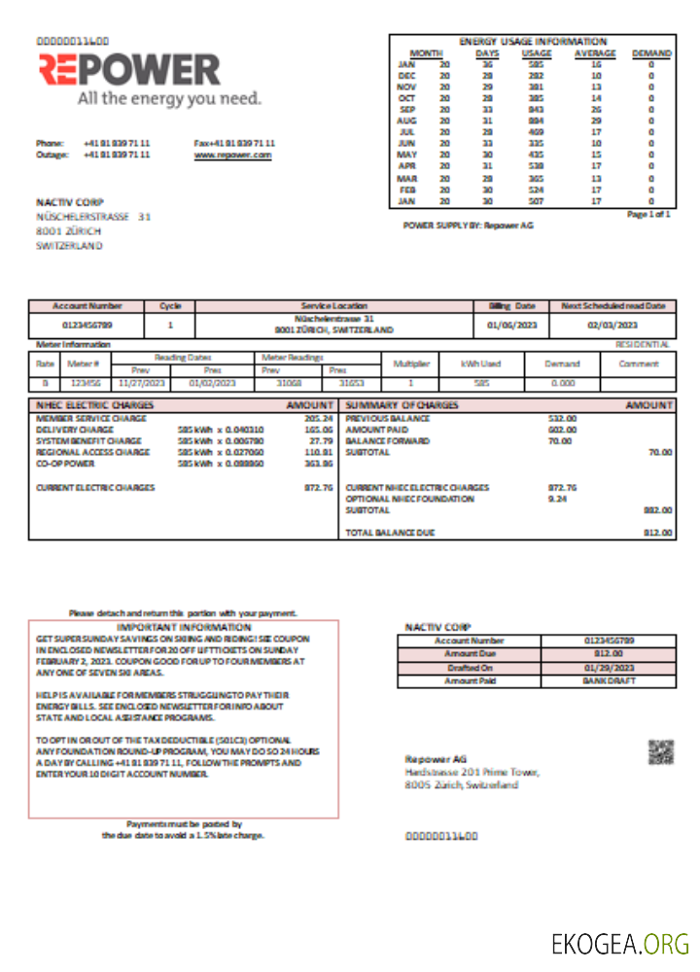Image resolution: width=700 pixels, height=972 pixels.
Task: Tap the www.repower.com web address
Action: click(232, 155)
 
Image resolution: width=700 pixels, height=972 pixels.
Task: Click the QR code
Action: click(661, 752)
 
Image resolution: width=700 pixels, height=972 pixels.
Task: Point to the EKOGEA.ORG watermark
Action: click(619, 944)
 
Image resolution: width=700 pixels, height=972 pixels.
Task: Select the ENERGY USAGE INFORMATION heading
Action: click(532, 42)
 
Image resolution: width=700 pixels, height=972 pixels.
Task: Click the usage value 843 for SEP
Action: click(536, 110)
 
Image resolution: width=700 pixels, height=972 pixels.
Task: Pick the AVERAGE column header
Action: click(594, 53)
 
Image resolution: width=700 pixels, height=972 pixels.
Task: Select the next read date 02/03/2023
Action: click(612, 325)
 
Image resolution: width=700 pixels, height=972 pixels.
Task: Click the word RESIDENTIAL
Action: click(642, 344)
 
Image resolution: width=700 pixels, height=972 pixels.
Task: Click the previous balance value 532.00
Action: click(562, 418)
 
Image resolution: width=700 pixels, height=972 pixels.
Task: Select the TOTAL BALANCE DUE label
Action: click(390, 533)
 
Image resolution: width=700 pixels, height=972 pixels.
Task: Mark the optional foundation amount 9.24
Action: click(556, 499)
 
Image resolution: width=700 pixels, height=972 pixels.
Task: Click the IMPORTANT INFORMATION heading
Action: click(183, 628)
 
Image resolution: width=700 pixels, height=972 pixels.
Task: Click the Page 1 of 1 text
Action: click(648, 213)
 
